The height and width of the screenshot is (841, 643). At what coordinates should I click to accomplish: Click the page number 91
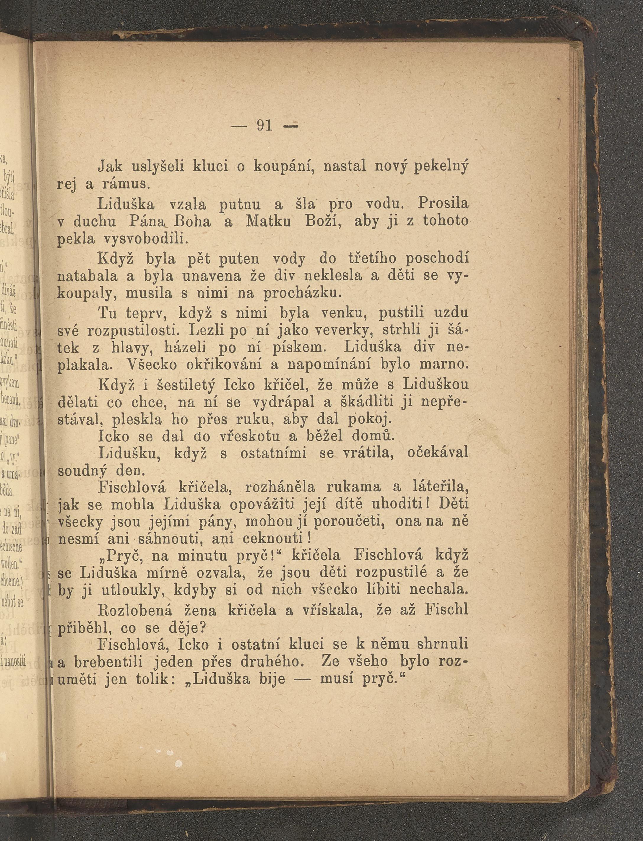[x=264, y=125]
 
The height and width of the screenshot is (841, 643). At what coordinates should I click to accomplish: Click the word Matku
[x=272, y=221]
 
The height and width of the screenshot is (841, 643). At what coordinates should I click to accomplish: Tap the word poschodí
[x=437, y=259]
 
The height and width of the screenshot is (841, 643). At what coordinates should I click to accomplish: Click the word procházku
[x=302, y=294]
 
